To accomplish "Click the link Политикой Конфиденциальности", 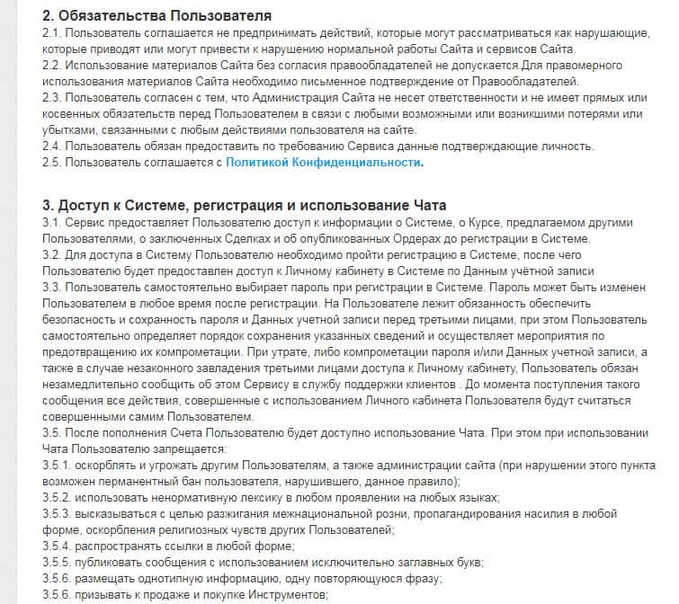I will (x=324, y=163).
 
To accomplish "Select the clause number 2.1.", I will (x=53, y=33).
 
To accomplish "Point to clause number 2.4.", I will (x=53, y=147).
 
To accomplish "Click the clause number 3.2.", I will (x=53, y=254).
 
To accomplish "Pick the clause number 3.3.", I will (x=53, y=287).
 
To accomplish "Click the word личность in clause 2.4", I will (x=561, y=147).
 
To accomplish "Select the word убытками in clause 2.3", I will (x=71, y=130).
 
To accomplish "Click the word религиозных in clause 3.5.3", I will (x=201, y=529).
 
